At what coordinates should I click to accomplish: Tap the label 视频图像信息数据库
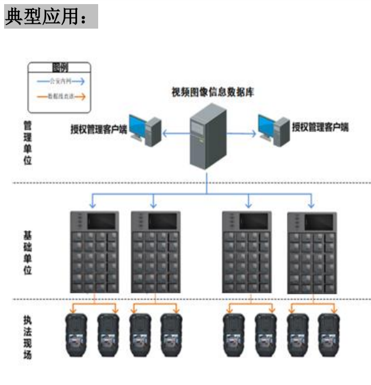(213, 92)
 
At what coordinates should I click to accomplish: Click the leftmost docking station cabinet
(94, 252)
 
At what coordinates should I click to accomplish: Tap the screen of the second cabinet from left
(162, 221)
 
